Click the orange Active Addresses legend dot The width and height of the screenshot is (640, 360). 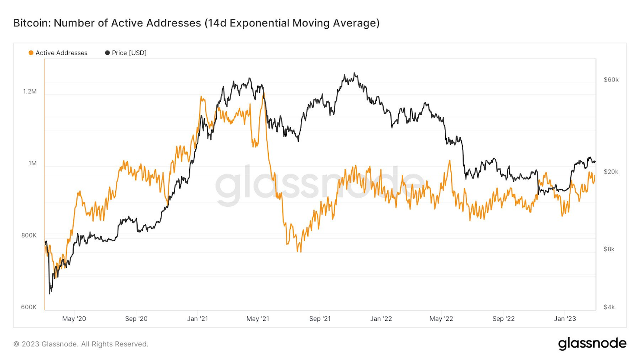tap(31, 53)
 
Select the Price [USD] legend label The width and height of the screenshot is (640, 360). tap(129, 53)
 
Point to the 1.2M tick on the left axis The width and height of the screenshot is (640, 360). tap(30, 91)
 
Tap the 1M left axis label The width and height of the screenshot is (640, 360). tap(32, 163)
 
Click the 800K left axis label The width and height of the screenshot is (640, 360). tap(29, 235)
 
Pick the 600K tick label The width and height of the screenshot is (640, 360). tap(29, 307)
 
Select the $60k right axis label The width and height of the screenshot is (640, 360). tap(611, 80)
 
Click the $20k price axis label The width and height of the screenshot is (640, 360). tap(611, 172)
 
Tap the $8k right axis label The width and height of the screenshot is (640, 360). tap(609, 249)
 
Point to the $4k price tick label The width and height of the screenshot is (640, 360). tap(609, 307)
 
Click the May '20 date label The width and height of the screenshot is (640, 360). tap(74, 319)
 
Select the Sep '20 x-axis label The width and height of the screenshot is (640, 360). tap(136, 319)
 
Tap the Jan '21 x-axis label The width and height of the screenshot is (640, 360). tap(198, 319)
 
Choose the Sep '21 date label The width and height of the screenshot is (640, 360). tap(320, 319)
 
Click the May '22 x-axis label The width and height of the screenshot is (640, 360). tap(441, 319)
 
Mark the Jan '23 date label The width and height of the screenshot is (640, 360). tap(565, 319)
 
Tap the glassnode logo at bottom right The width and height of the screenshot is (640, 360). tap(592, 344)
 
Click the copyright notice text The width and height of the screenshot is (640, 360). tap(81, 344)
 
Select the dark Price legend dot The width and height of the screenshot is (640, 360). tap(107, 53)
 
